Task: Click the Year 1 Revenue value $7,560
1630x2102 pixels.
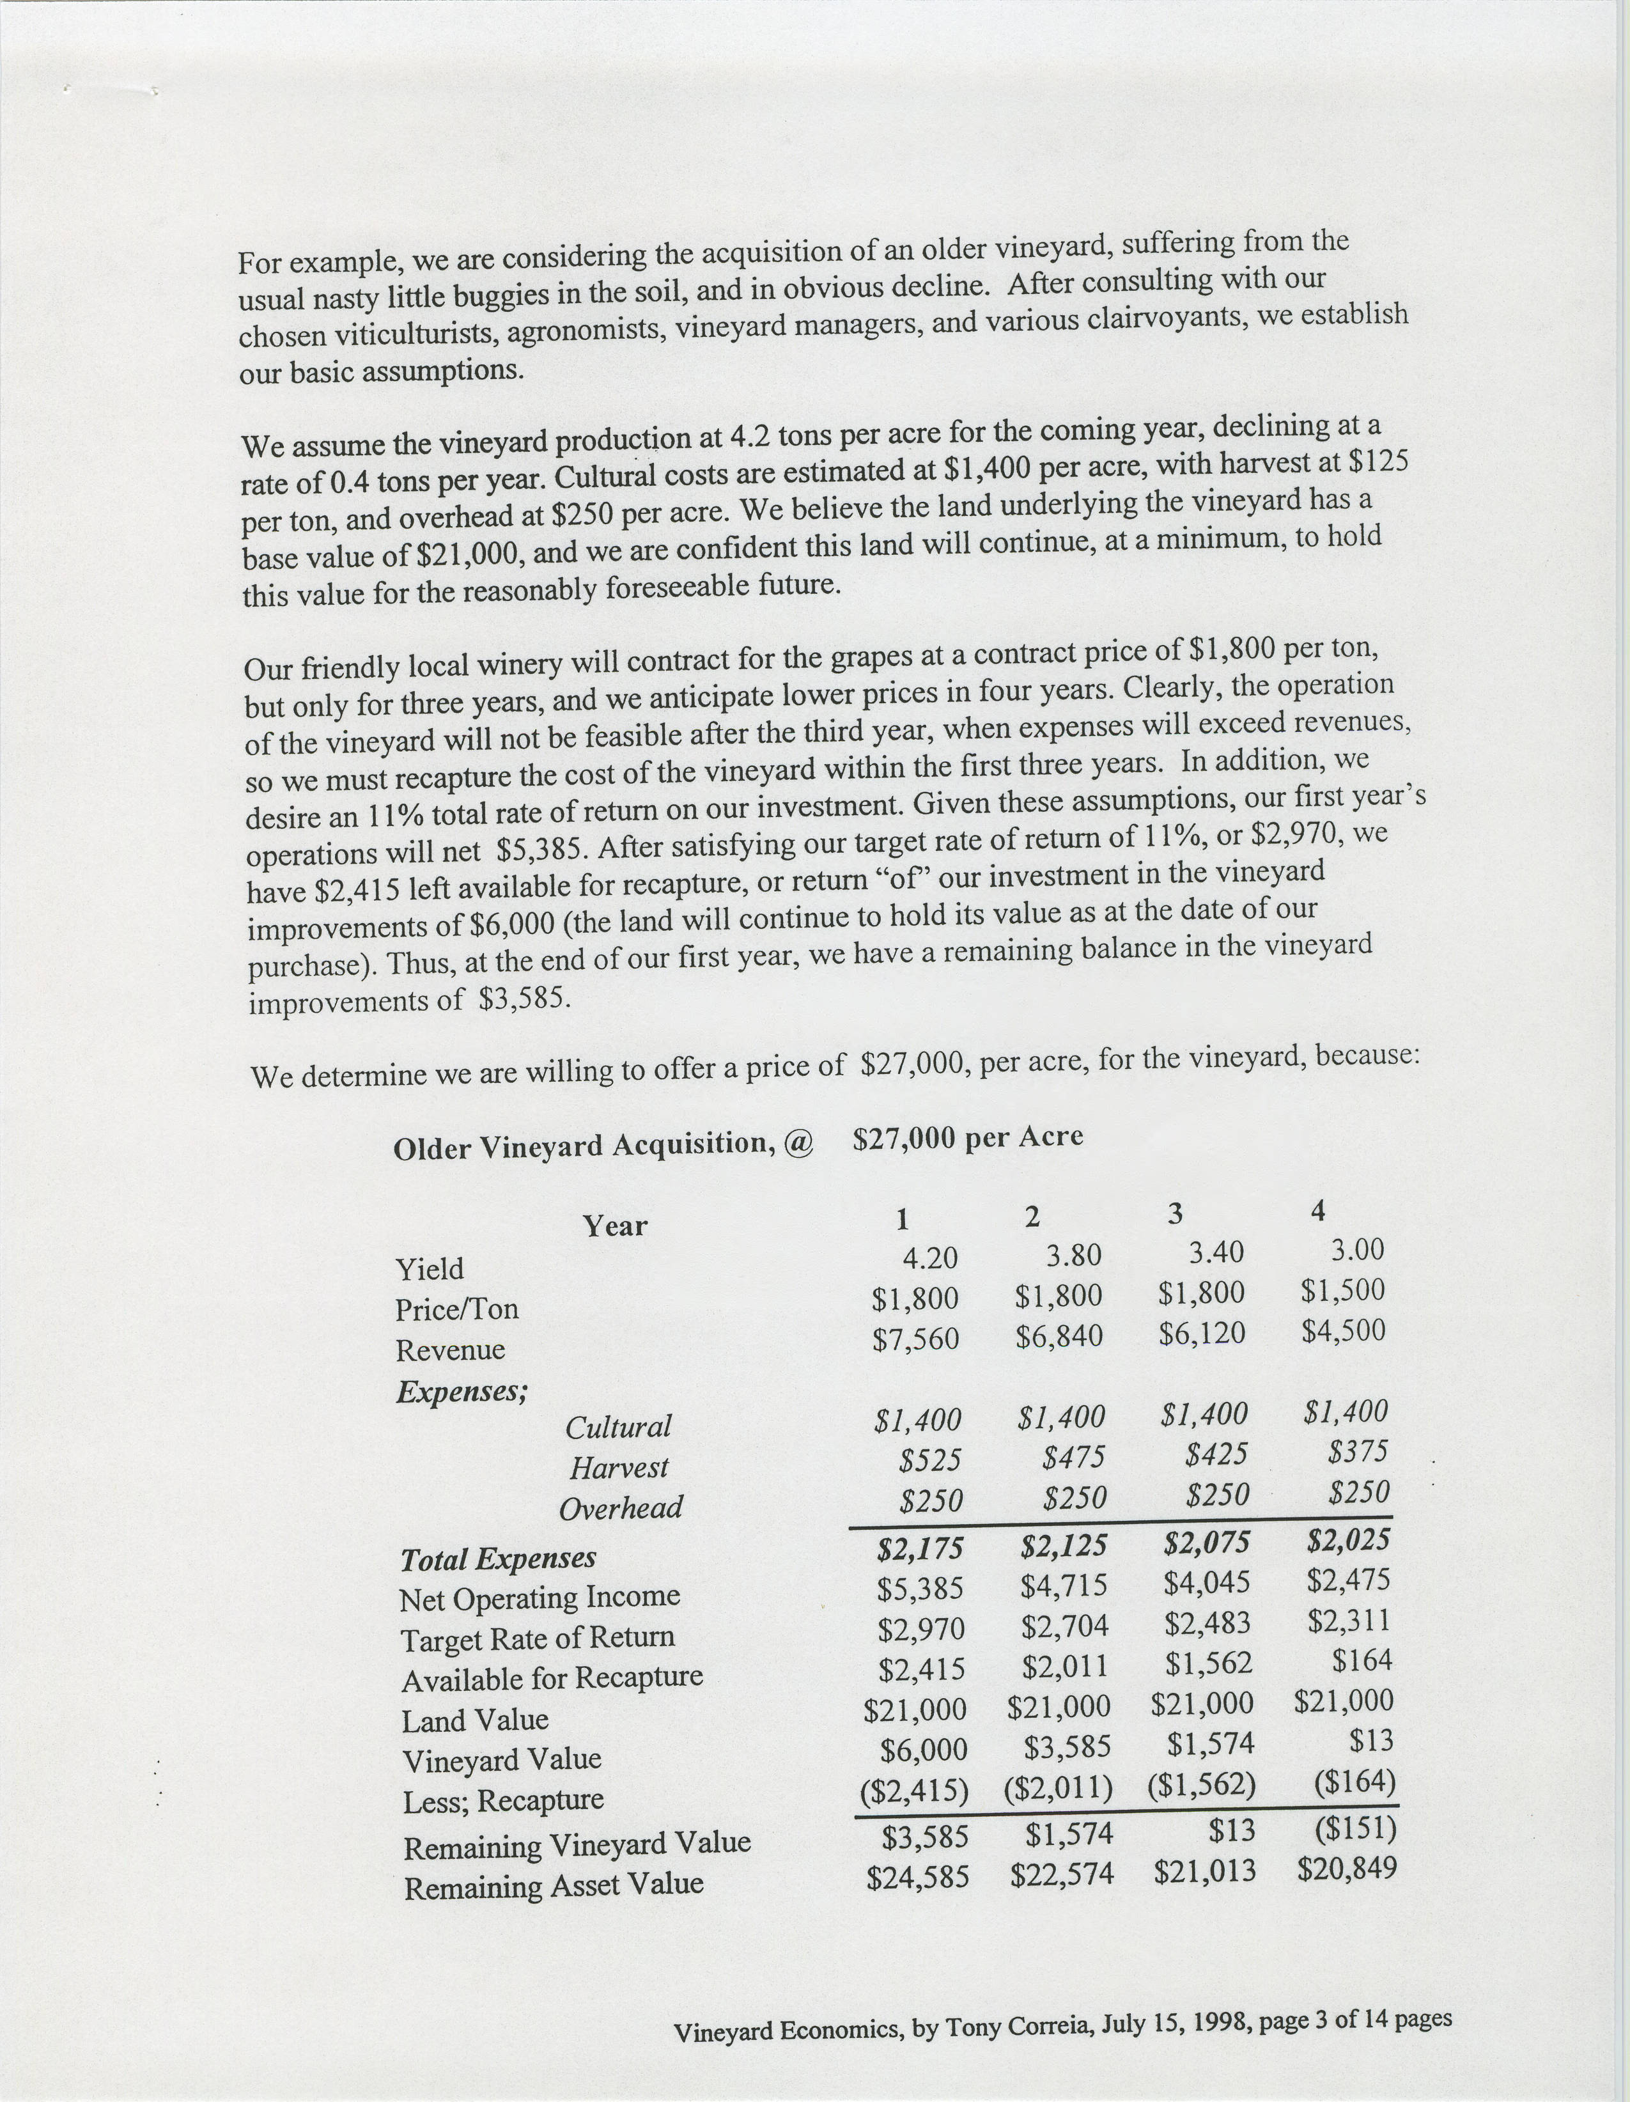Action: pyautogui.click(x=915, y=1339)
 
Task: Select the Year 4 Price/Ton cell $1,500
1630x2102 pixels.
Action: pyautogui.click(x=1342, y=1291)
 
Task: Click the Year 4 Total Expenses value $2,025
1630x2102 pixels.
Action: pyautogui.click(x=1348, y=1541)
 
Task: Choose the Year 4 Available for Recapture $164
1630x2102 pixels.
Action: pyautogui.click(x=1363, y=1660)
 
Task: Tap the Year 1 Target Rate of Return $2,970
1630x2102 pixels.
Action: pyautogui.click(x=921, y=1628)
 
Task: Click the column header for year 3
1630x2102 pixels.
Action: pyautogui.click(x=1175, y=1213)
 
